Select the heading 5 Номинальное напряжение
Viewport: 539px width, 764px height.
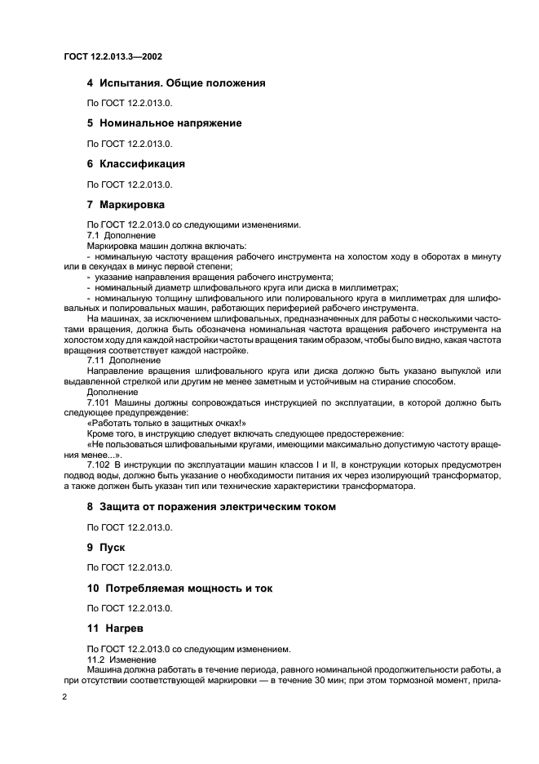point(164,123)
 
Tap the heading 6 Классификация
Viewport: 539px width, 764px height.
point(136,163)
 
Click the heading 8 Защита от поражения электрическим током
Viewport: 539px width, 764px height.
point(211,507)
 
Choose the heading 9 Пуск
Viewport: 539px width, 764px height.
point(106,548)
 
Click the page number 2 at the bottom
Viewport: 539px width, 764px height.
point(66,698)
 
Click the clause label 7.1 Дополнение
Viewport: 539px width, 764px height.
point(115,235)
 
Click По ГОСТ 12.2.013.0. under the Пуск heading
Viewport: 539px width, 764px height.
point(130,567)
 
